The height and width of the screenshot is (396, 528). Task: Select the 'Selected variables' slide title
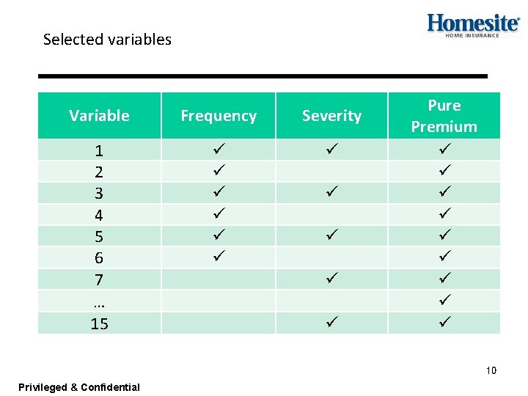[x=107, y=40]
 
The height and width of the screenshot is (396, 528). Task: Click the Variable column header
[x=99, y=116]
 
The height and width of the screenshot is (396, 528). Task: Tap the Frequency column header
[x=219, y=116]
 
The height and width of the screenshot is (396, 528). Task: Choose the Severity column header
[x=331, y=116]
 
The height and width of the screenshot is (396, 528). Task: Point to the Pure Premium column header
[x=444, y=116]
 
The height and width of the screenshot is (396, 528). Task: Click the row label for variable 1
[x=99, y=151]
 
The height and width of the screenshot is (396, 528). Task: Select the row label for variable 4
[x=99, y=216]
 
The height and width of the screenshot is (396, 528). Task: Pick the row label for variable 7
[x=99, y=280]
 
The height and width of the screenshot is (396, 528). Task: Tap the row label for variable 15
[x=99, y=323]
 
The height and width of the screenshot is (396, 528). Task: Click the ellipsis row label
[x=99, y=301]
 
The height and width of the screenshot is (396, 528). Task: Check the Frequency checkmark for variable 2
[x=219, y=171]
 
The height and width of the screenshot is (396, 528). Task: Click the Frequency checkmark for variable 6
[x=219, y=257]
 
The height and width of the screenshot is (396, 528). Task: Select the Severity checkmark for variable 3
[x=331, y=192]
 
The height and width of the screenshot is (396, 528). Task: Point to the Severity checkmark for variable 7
[x=331, y=278]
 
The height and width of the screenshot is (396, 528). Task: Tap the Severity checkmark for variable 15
[x=331, y=321]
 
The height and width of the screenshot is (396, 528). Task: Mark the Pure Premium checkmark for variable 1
[x=444, y=150]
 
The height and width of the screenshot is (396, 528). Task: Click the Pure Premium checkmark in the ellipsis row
[x=444, y=300]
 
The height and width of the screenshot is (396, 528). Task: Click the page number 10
[x=491, y=370]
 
